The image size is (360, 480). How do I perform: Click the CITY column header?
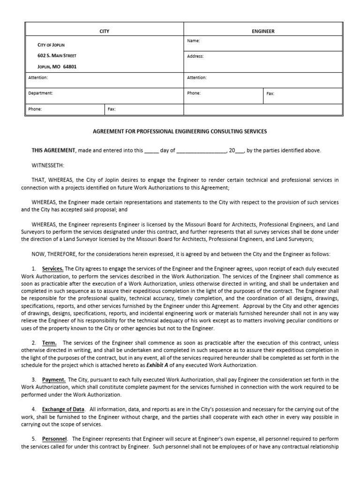(104, 31)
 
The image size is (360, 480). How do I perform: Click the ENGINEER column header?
(263, 31)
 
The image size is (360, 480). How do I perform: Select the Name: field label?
(193, 41)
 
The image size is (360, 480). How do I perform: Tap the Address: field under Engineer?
(195, 56)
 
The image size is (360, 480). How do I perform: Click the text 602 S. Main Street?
(57, 56)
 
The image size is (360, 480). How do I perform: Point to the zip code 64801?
(69, 67)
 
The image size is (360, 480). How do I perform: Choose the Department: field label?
(40, 93)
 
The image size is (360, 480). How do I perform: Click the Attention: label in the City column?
(38, 78)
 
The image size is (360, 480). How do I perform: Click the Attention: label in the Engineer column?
(197, 78)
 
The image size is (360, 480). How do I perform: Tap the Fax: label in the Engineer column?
(270, 94)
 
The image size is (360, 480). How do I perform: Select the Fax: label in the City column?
(112, 109)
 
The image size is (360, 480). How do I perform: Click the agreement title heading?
(180, 132)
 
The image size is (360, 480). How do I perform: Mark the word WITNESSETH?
(48, 165)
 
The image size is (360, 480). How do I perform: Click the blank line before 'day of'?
(151, 151)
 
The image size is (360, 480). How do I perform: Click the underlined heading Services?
(52, 269)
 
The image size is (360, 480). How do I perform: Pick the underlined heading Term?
(49, 343)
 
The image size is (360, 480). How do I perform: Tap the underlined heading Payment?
(53, 379)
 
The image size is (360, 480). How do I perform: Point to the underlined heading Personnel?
(55, 439)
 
